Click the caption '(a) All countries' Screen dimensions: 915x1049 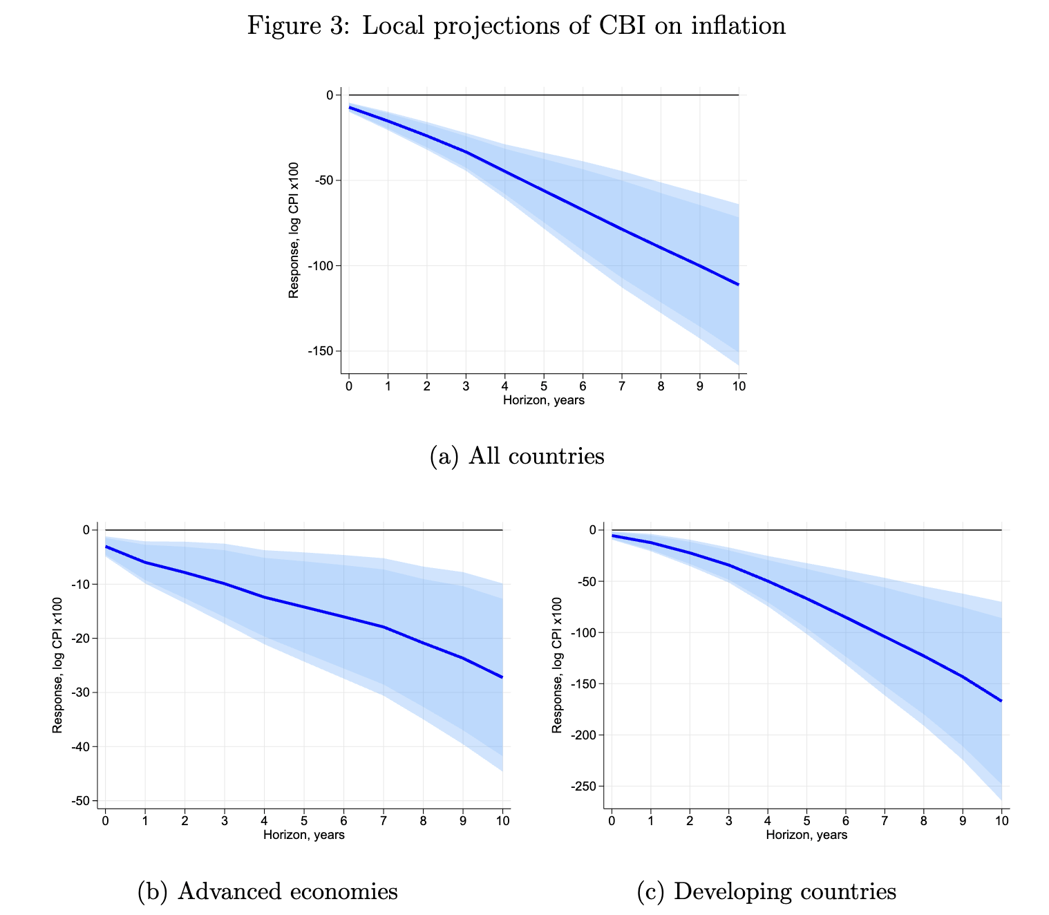(x=517, y=456)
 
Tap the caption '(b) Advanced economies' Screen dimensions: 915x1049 (x=268, y=892)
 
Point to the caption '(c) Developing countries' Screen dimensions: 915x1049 (x=766, y=892)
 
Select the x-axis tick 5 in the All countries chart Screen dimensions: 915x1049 (x=544, y=386)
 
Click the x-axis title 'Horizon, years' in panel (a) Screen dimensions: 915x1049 (x=543, y=400)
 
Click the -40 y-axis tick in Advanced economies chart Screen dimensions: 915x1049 (x=79, y=747)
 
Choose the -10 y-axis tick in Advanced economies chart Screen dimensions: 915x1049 (x=79, y=585)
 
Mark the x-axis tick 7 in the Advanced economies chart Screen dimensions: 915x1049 (x=384, y=821)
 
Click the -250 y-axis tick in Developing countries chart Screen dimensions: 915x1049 (x=583, y=786)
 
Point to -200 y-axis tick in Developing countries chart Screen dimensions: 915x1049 (x=583, y=735)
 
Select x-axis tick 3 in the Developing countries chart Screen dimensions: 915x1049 (x=728, y=821)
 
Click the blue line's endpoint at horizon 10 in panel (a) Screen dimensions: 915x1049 (x=739, y=285)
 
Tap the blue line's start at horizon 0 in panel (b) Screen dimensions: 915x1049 (x=106, y=547)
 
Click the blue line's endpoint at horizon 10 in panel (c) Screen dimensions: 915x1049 (x=1001, y=701)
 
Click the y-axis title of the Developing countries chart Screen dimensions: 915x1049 (x=556, y=666)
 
